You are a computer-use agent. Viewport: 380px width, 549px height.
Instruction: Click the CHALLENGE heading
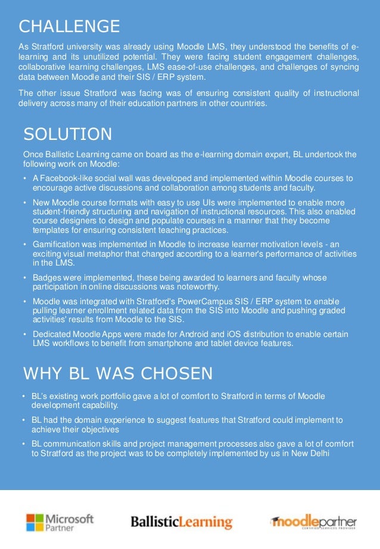point(69,27)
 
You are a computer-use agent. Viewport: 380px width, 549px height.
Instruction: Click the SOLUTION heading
point(67,134)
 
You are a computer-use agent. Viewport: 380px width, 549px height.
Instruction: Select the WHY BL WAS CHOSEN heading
point(117,373)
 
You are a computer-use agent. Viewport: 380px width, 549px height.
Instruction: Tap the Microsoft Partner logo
point(60,522)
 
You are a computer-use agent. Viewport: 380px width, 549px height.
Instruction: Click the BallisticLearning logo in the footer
point(181,523)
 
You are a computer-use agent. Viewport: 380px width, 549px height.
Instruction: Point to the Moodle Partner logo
point(313,522)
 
